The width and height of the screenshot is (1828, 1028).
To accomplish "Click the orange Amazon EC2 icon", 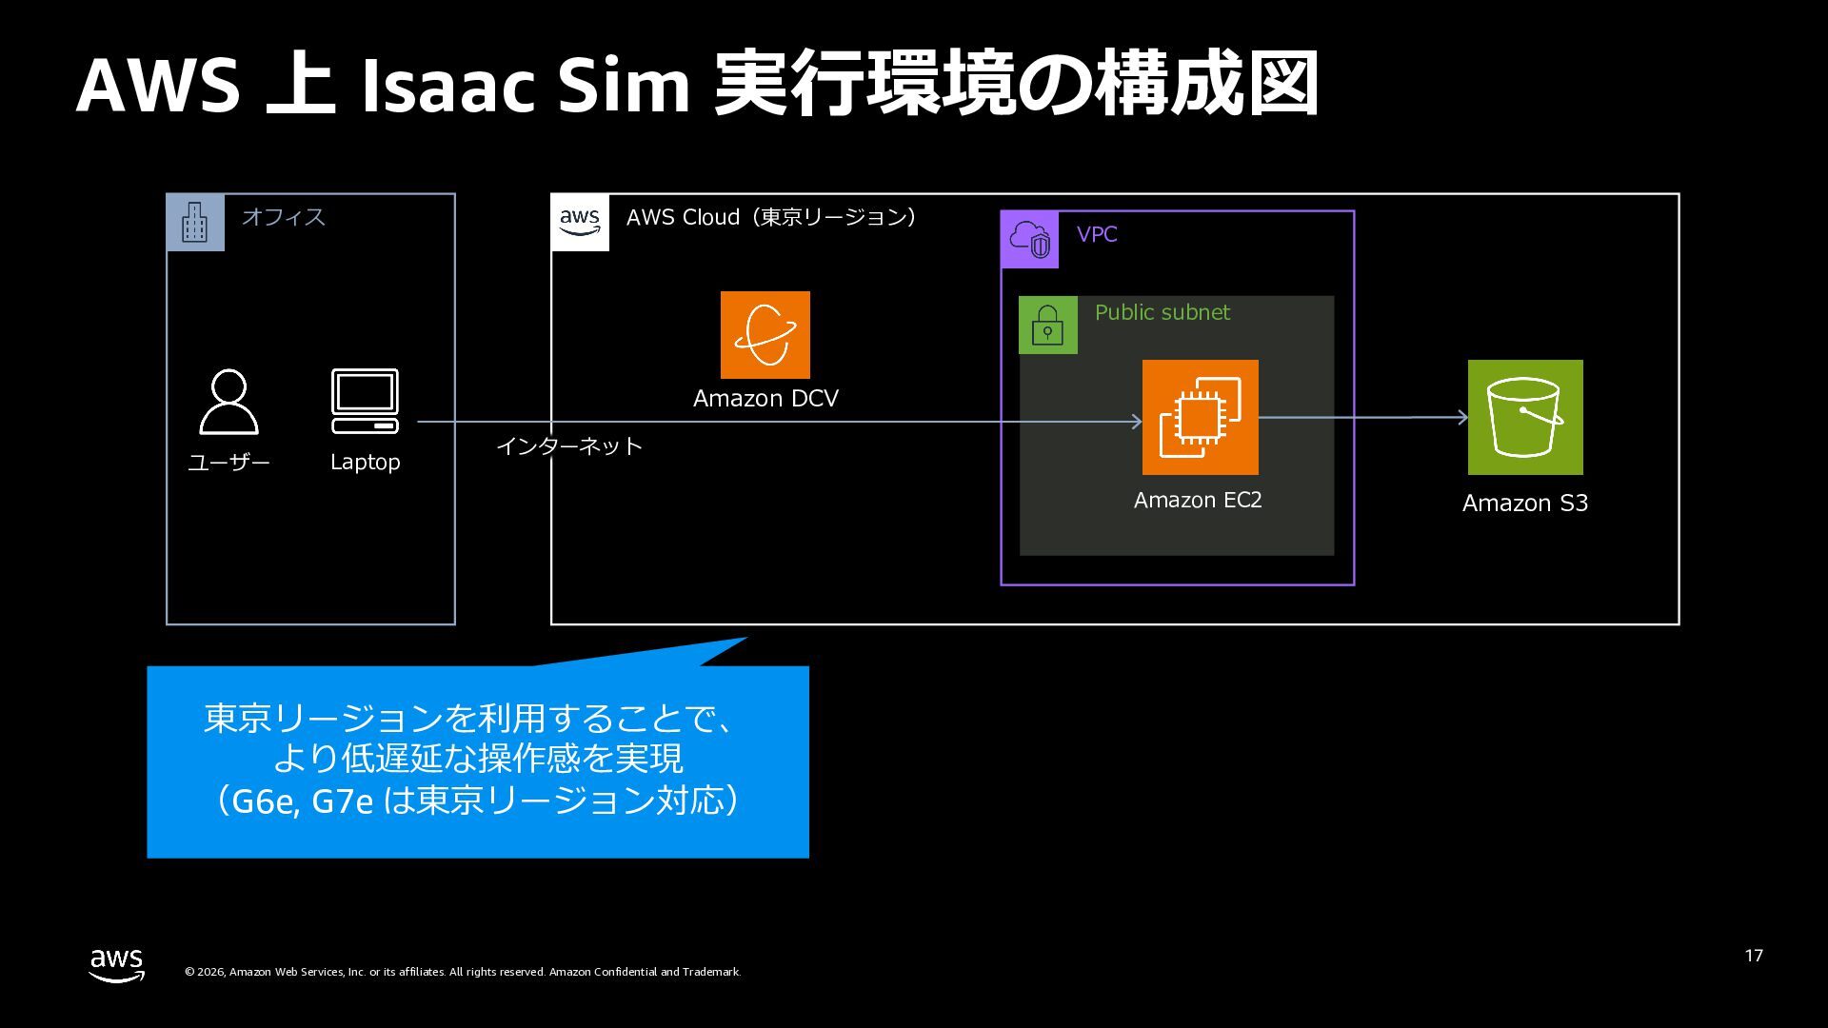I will point(1200,417).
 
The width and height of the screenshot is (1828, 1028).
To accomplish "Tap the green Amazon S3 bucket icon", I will point(1525,417).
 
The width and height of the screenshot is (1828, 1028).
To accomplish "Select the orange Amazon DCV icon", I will point(765,335).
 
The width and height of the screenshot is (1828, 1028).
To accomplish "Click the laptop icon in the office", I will point(365,401).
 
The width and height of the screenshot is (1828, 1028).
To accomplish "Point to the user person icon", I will point(228,402).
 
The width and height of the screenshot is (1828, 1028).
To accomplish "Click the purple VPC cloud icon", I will point(1030,240).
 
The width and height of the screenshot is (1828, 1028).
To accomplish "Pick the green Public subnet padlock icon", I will point(1047,326).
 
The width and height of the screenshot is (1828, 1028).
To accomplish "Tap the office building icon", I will point(195,223).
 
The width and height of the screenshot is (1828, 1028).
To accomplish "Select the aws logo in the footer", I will point(117,965).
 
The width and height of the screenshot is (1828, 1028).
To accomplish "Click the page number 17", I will point(1754,956).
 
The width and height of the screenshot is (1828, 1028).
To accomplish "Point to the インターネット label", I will point(569,445).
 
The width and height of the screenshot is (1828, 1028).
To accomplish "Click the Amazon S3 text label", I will point(1525,503).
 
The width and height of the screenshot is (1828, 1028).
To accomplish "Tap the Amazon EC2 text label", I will point(1198,500).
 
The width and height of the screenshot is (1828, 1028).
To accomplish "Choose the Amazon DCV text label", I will point(765,398).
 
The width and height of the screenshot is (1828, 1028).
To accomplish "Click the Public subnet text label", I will point(1162,312).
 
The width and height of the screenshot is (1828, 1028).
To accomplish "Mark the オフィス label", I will point(283,217).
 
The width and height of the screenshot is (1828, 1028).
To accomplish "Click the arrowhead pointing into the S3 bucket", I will point(1462,417).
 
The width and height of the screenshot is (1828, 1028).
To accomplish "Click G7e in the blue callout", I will point(342,801).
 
